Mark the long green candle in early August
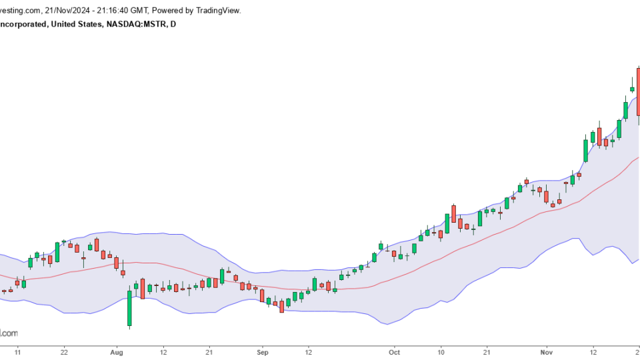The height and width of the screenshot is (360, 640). (x=129, y=307)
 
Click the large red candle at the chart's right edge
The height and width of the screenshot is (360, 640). (x=638, y=97)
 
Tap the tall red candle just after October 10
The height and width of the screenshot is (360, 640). (x=453, y=214)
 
